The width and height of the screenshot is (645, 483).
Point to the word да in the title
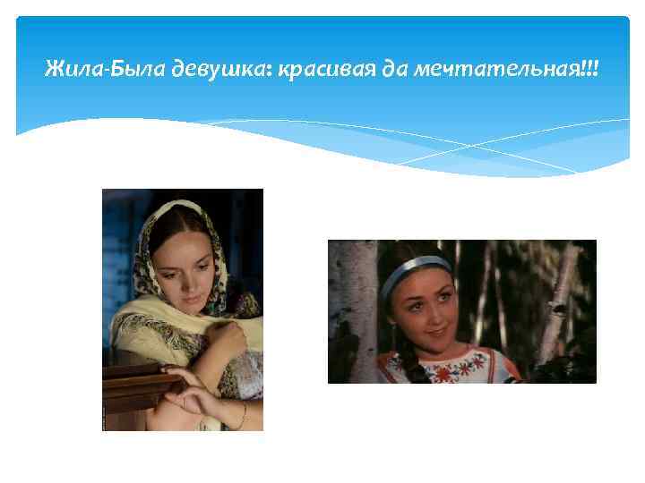[x=394, y=69]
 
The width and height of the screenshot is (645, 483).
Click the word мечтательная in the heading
[x=491, y=69]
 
